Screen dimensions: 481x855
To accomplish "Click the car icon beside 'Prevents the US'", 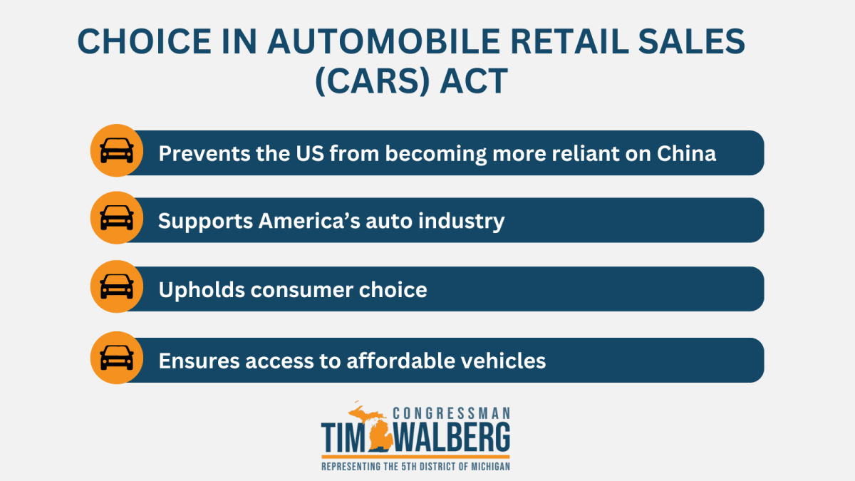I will click(x=117, y=151).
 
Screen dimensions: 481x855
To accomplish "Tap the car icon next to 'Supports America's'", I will click(x=117, y=218).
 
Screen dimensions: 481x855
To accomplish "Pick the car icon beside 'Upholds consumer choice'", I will click(x=117, y=287).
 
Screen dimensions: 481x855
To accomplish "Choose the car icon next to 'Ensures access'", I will click(x=117, y=358).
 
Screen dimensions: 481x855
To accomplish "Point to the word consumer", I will click(x=306, y=290).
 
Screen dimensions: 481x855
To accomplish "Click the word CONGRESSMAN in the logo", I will click(x=451, y=413).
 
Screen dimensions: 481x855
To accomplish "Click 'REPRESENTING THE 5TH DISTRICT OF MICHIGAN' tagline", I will click(x=415, y=467).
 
